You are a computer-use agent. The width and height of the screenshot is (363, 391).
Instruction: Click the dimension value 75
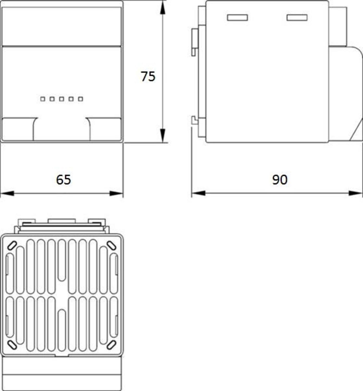(x=148, y=76)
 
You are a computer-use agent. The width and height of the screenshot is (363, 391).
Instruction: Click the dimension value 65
(x=63, y=180)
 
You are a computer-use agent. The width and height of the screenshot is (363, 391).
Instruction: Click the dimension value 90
(x=280, y=180)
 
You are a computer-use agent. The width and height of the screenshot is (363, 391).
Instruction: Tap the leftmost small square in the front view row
(x=42, y=99)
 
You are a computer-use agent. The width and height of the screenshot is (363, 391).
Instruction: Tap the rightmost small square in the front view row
(x=81, y=99)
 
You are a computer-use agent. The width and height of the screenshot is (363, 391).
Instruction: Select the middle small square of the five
(x=61, y=99)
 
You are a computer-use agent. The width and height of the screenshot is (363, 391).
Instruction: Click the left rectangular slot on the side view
(x=237, y=17)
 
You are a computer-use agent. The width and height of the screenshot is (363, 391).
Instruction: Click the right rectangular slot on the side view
(x=297, y=17)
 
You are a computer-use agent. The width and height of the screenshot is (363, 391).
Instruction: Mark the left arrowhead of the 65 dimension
(x=7, y=193)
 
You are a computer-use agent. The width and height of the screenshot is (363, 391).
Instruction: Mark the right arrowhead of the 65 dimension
(x=116, y=193)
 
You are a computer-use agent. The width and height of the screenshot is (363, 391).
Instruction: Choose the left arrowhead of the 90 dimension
(x=198, y=193)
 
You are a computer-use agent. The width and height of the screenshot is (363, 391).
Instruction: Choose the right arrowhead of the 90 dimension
(x=356, y=193)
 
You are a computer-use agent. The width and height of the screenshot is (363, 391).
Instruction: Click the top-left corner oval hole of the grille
(x=12, y=245)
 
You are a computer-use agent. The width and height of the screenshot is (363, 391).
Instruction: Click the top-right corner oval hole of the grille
(x=111, y=245)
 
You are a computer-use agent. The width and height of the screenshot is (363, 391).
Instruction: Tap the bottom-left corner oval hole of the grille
(x=12, y=345)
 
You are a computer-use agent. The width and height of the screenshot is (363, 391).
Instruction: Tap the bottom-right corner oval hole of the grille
(x=111, y=345)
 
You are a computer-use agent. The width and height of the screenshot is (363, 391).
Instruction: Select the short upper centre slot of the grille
(x=62, y=260)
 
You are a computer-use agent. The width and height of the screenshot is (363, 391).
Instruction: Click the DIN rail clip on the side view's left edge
(x=195, y=42)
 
